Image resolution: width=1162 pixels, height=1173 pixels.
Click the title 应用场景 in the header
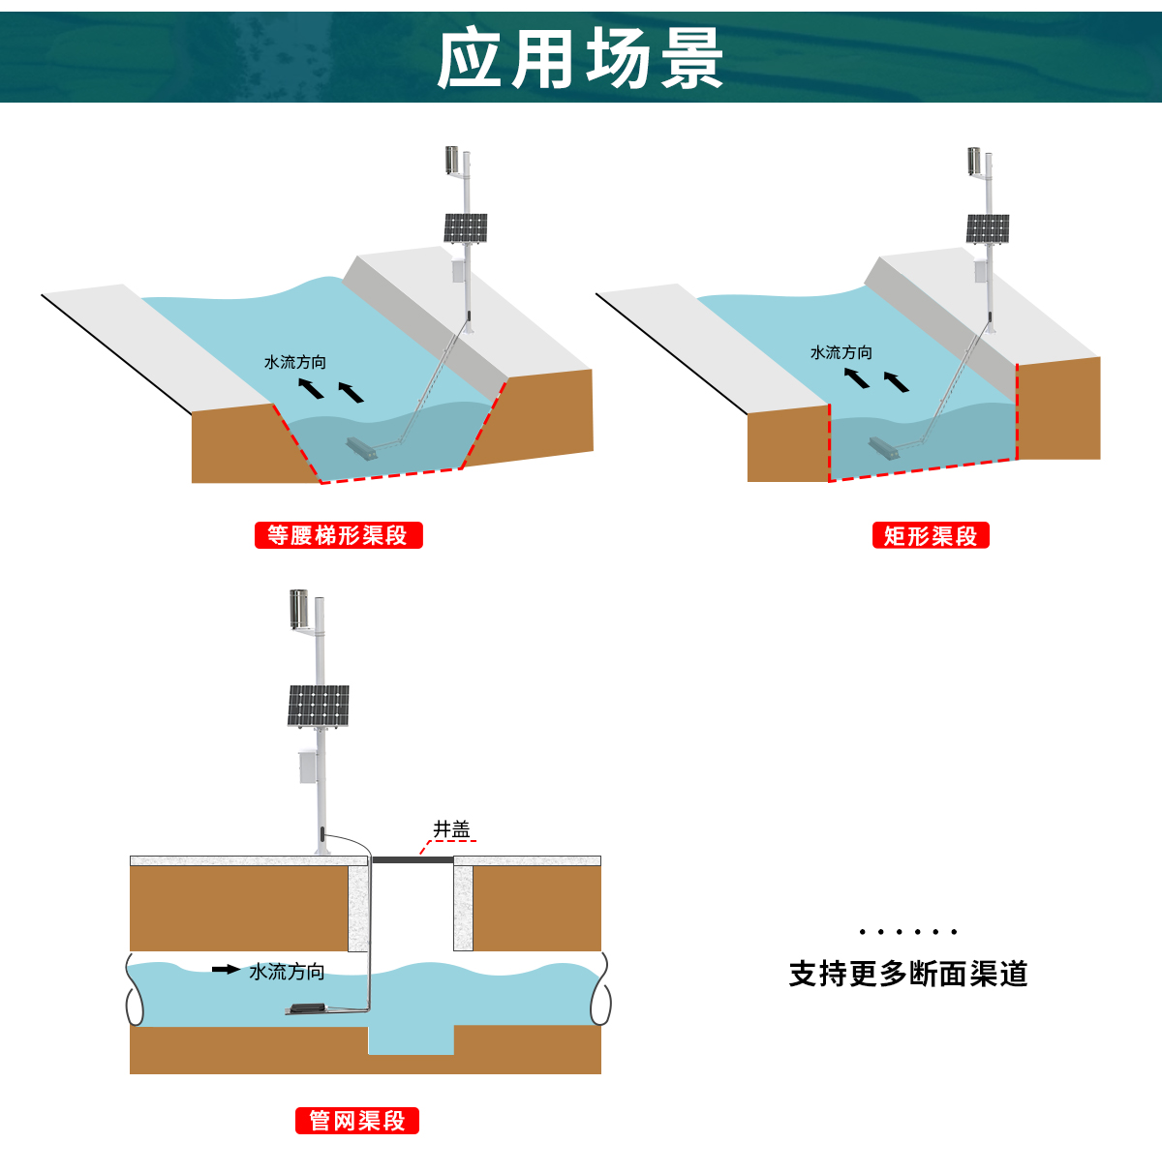(x=580, y=58)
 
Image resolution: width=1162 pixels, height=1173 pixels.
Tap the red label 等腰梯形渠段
(x=338, y=535)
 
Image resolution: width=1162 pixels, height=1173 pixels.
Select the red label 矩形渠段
(x=931, y=536)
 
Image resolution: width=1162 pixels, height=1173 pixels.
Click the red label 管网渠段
(x=356, y=1121)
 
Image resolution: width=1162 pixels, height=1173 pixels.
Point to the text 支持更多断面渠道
(x=907, y=974)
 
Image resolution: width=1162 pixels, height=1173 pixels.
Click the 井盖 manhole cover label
(x=451, y=829)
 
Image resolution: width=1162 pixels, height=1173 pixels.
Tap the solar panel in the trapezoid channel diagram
(x=465, y=228)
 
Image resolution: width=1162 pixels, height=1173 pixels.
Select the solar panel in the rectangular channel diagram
(x=988, y=229)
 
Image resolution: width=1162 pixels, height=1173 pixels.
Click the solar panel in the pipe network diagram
(x=318, y=706)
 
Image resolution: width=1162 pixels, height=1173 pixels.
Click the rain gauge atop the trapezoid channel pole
(x=451, y=161)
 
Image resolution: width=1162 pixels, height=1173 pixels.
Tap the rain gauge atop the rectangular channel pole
(x=974, y=162)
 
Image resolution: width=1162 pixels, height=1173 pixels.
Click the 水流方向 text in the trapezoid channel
(x=295, y=362)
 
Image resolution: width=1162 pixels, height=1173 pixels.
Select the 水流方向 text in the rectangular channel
(x=841, y=353)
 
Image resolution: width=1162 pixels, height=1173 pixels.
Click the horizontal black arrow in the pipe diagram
(x=226, y=969)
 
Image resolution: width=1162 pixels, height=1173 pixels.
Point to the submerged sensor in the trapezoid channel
(x=361, y=448)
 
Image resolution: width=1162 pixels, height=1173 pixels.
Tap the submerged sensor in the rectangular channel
(x=883, y=447)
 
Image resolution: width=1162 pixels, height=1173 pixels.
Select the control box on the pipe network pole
(x=307, y=766)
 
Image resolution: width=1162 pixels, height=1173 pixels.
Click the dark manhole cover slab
(x=413, y=859)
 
